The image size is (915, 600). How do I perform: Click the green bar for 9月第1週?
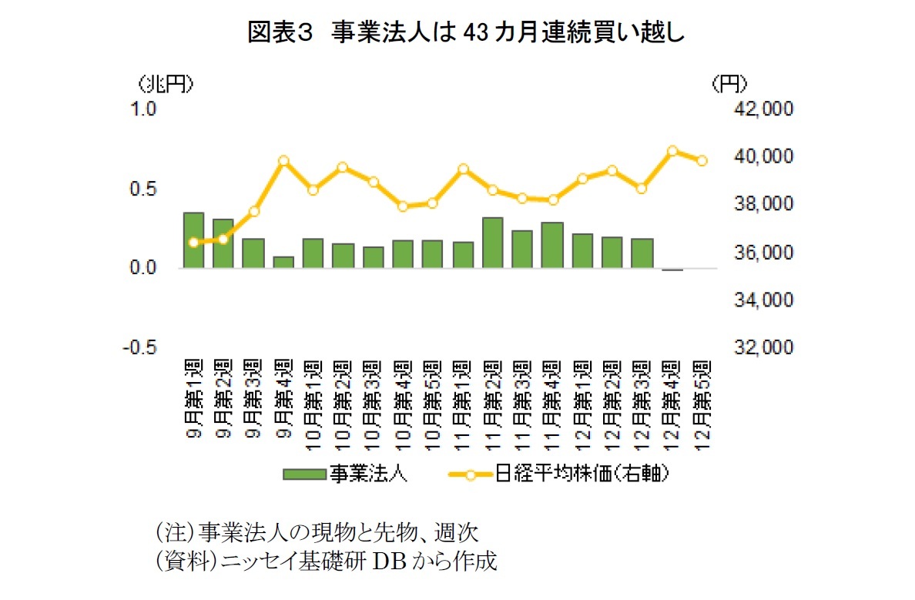[193, 240]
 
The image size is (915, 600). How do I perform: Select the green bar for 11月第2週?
[493, 243]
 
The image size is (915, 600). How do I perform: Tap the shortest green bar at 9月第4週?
[283, 263]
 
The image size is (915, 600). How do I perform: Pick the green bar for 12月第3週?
[642, 253]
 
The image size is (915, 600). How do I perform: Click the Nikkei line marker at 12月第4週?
[672, 151]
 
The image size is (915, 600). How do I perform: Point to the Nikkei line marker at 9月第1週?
[193, 243]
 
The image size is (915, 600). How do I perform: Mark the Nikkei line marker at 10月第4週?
[403, 206]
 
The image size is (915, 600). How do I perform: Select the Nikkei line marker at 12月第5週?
[702, 161]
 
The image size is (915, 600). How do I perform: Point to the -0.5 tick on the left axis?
[139, 347]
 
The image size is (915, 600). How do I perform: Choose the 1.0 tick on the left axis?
[144, 109]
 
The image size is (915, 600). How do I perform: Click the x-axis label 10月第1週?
[313, 397]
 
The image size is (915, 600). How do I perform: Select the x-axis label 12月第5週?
[702, 397]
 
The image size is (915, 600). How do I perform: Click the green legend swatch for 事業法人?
[303, 474]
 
